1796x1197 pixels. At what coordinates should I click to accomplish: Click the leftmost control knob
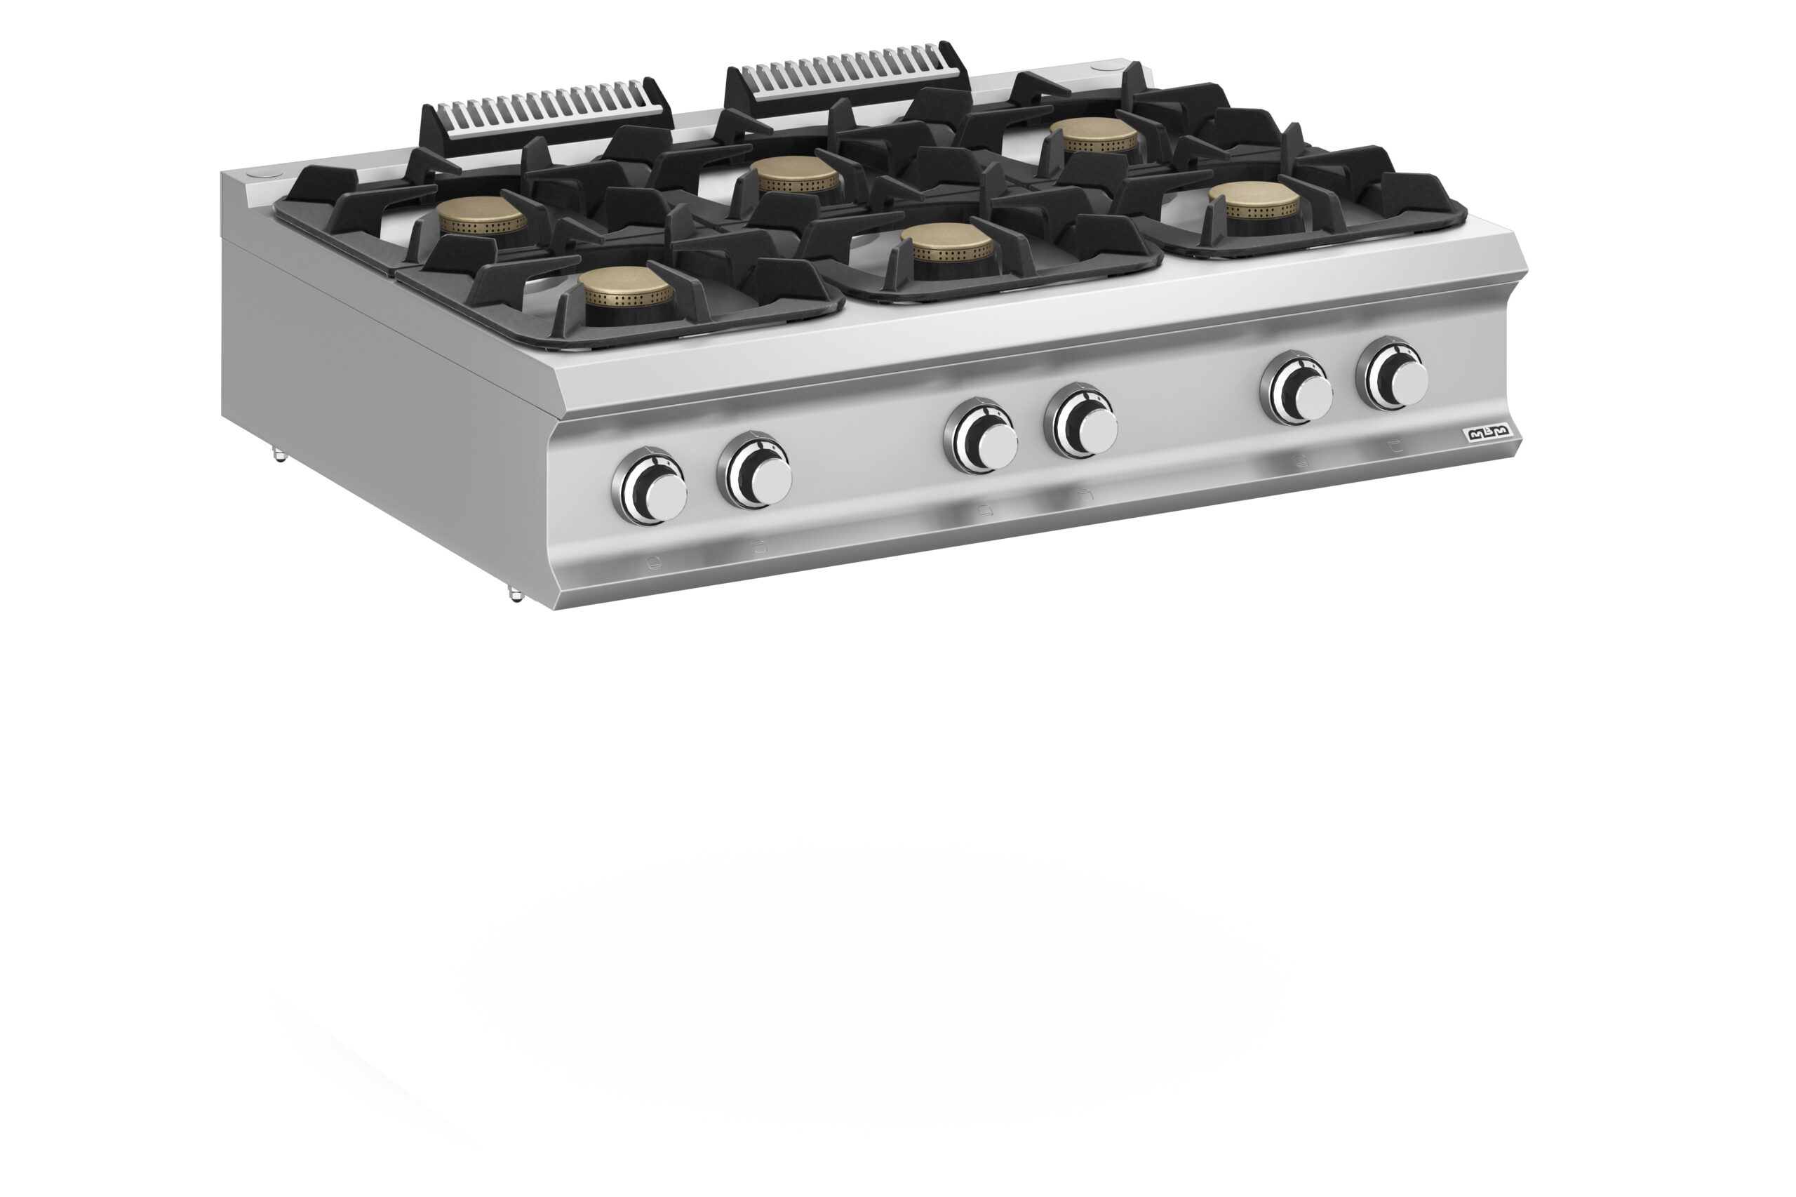click(x=650, y=486)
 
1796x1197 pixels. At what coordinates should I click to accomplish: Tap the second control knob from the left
click(x=755, y=471)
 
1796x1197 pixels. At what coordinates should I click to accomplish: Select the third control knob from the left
click(x=981, y=436)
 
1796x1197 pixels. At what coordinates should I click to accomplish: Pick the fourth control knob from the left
click(x=1082, y=420)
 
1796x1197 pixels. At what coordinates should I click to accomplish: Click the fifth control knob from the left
click(x=1296, y=389)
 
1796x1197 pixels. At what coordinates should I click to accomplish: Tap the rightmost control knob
click(x=1392, y=374)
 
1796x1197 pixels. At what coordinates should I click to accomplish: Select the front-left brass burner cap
click(x=625, y=288)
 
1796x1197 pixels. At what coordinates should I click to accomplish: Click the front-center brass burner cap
click(x=953, y=245)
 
